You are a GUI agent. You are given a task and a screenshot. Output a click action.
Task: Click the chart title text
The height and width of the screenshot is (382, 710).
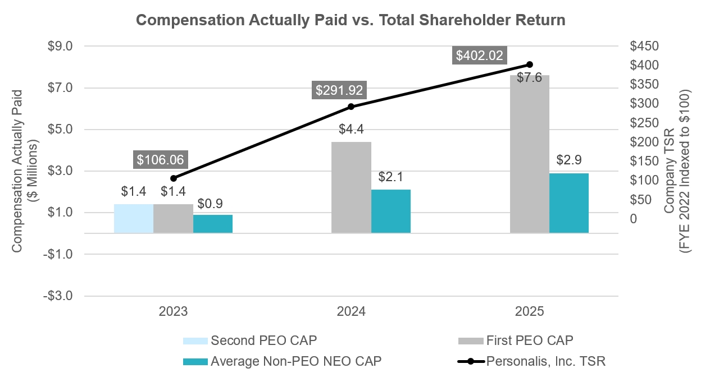(x=351, y=20)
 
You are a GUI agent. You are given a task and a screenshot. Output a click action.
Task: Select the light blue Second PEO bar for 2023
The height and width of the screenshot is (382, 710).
(x=134, y=218)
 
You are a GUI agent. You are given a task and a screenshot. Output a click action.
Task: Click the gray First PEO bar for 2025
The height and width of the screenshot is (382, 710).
(x=529, y=154)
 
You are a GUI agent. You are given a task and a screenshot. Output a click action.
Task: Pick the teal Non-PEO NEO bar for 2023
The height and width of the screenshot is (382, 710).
(x=213, y=223)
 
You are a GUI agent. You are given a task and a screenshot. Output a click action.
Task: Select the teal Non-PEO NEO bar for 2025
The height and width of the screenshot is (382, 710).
(x=569, y=202)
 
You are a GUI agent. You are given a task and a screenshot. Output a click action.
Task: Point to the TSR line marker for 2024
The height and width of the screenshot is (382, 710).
(x=351, y=107)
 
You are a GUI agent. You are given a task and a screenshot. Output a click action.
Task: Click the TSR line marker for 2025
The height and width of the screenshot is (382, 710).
(x=529, y=65)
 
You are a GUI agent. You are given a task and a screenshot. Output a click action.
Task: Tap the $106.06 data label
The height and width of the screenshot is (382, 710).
(x=160, y=160)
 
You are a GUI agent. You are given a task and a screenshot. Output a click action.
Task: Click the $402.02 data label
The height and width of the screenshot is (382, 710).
(x=480, y=56)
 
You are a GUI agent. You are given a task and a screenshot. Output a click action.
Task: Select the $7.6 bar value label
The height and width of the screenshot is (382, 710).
(x=529, y=78)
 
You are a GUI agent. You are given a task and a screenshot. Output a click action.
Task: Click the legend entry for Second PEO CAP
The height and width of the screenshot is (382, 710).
(x=265, y=340)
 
